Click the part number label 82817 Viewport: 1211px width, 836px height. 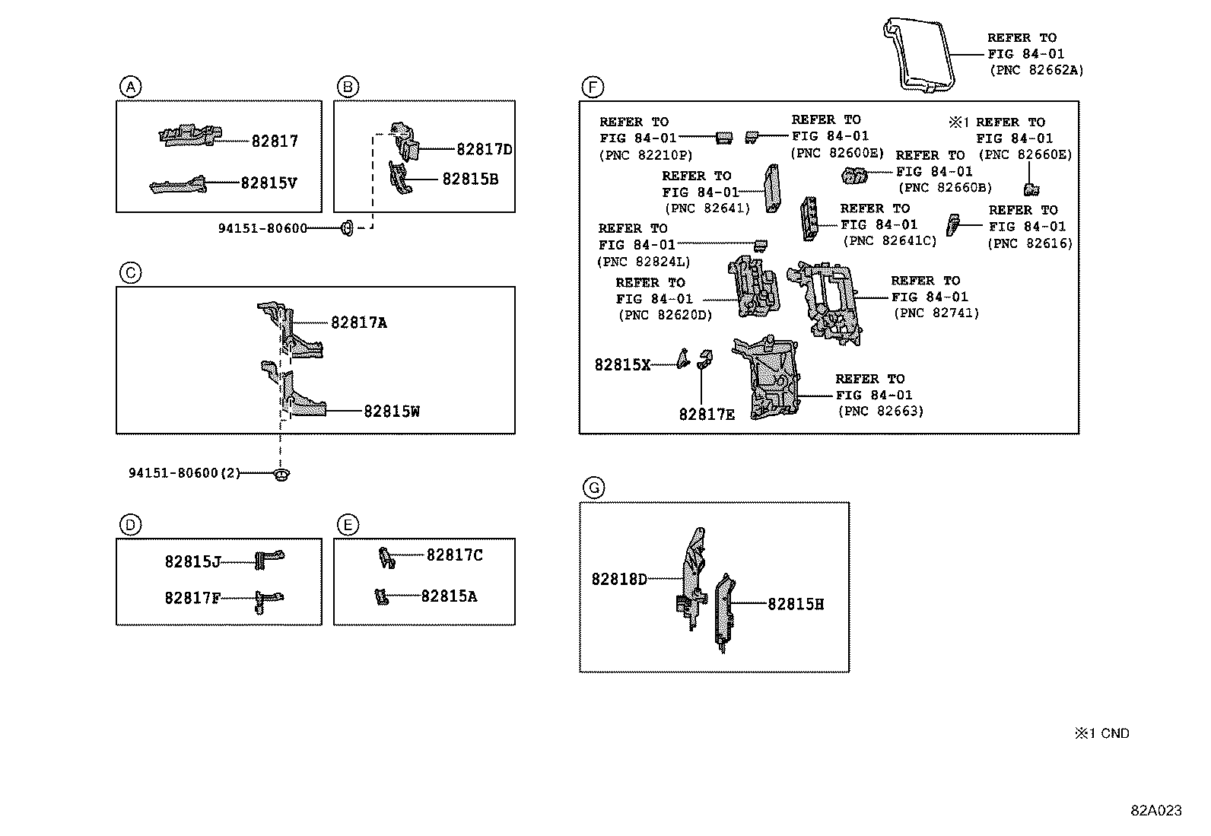(275, 141)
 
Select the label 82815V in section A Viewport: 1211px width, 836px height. (269, 183)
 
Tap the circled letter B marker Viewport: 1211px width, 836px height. (347, 87)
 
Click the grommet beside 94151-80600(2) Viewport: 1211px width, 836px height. (281, 475)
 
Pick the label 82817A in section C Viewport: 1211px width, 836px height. (358, 323)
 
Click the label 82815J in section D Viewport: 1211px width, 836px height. (192, 561)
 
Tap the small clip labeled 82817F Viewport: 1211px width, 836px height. (268, 600)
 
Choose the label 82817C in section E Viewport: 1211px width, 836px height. (454, 555)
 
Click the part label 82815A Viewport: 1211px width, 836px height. (449, 596)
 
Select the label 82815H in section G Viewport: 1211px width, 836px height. (795, 604)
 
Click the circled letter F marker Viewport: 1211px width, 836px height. (591, 87)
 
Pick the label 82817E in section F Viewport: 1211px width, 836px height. (707, 414)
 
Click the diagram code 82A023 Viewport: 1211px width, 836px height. (1155, 811)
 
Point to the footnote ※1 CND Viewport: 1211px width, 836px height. (1101, 733)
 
